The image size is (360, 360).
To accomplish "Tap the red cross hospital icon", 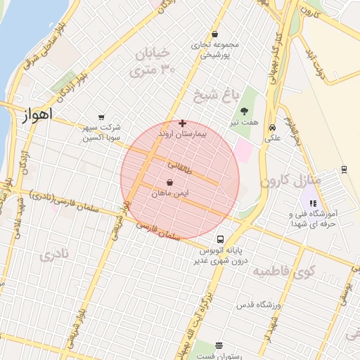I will tap(183, 122).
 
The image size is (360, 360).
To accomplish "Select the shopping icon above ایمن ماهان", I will tap(170, 182).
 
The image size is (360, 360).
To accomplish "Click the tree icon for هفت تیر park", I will tap(244, 111).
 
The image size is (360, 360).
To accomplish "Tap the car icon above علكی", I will tap(272, 127).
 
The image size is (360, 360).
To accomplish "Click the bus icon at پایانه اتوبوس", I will tap(220, 239).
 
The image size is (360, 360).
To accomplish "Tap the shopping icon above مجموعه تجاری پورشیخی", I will tap(214, 34).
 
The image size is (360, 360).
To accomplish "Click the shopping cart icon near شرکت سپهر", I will tap(102, 117).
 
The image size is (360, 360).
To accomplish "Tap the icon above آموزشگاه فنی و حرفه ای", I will tap(313, 203).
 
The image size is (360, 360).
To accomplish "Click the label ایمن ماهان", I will tap(172, 193).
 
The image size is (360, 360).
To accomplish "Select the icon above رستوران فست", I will tap(219, 345).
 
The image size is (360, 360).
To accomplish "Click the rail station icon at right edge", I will tap(344, 169).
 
